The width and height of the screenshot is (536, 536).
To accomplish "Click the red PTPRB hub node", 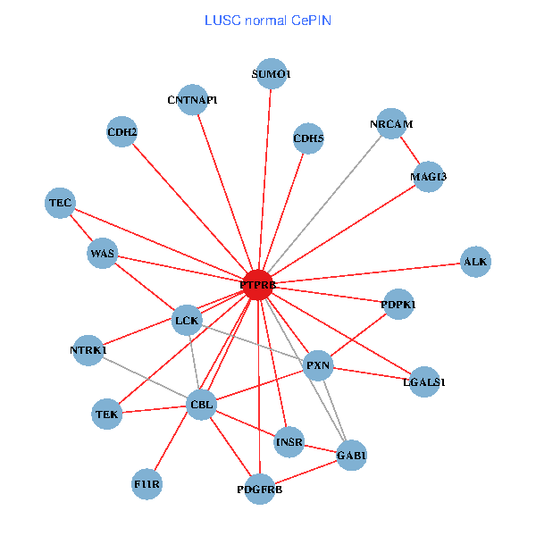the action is tap(257, 285).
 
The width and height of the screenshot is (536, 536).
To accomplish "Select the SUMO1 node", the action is tap(272, 74).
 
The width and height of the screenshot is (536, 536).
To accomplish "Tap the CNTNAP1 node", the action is tap(193, 99).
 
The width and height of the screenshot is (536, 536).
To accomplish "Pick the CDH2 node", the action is tap(121, 133).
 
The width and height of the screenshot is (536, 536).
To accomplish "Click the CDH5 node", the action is tap(308, 138).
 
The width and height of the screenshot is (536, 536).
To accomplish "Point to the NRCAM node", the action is tap(391, 123).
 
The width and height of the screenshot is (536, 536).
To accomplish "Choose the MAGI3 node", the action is tap(429, 176).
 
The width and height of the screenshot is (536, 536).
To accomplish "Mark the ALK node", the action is tap(475, 261).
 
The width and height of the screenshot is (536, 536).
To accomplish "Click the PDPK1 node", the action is tap(398, 305).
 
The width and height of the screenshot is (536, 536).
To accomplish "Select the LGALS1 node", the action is tap(424, 381).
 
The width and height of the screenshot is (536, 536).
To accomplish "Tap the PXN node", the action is tap(318, 365).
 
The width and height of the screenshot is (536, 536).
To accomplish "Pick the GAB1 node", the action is tap(351, 456).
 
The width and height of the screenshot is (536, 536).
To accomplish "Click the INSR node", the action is tap(289, 441).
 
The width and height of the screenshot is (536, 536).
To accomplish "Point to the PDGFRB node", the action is tap(259, 489).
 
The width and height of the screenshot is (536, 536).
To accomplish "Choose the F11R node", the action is tap(147, 483).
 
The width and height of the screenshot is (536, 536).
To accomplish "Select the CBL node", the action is tap(201, 406).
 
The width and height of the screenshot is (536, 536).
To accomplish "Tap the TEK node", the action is tap(106, 414).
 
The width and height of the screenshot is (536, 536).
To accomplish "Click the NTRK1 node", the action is tap(88, 350).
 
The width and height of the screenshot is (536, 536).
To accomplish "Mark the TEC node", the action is tap(60, 203).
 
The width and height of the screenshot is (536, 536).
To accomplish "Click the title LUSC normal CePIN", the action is tap(268, 20).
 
